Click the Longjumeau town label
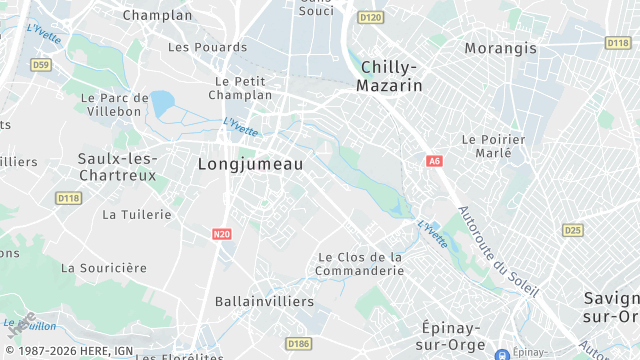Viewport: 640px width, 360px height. coord(250,163)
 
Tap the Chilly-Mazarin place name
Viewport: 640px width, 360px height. coord(389,76)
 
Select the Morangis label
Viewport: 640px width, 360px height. coord(500,48)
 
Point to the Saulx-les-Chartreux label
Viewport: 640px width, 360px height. coord(117,166)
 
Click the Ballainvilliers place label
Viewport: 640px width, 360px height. coord(264,300)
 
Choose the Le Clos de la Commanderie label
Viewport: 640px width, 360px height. coord(360,263)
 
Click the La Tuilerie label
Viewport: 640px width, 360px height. coord(138,214)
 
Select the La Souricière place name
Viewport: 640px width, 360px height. coord(104,268)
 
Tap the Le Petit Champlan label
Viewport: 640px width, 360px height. coord(240,88)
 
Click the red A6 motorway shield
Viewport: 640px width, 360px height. coord(434,160)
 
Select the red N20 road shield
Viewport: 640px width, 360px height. coord(222,234)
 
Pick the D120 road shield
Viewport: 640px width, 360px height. coord(370,17)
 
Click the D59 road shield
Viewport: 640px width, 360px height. coord(40,64)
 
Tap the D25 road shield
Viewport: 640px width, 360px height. coord(572,230)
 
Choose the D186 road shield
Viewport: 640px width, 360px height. coord(298,344)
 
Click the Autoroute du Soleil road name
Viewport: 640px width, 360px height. coord(498,251)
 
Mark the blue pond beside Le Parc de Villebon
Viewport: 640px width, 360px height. coord(161,102)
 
